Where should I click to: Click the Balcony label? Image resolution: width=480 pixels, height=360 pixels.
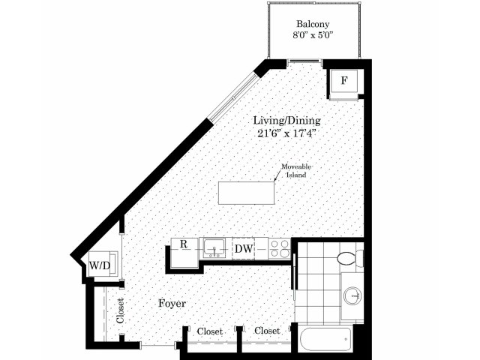[313, 24]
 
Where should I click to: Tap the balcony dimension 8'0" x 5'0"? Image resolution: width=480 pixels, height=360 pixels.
[313, 35]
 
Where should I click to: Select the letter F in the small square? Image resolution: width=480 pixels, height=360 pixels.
[344, 80]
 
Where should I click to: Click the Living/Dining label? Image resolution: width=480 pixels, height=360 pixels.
[286, 121]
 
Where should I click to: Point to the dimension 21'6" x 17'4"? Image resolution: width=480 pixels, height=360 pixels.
[286, 133]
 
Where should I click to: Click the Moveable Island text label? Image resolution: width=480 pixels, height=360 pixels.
[296, 170]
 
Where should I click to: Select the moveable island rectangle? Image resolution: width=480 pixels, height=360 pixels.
[246, 193]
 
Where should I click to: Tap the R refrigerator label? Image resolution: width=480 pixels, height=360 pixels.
[183, 244]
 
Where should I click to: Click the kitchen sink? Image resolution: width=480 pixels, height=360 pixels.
[214, 248]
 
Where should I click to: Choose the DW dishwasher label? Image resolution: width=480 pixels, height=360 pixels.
[244, 248]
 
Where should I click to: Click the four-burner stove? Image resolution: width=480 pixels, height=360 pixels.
[280, 248]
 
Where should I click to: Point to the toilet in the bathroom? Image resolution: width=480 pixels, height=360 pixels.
[350, 257]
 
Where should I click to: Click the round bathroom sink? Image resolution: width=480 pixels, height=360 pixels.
[352, 295]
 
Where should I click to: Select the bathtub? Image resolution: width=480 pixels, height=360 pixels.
[327, 339]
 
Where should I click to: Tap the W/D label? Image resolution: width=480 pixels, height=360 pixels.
[100, 265]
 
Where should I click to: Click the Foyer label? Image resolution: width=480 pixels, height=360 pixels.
[172, 303]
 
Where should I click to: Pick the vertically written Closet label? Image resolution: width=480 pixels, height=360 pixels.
[120, 310]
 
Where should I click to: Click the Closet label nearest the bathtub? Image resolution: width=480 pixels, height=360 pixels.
[267, 331]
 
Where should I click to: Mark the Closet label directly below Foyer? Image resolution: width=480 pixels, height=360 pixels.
[210, 331]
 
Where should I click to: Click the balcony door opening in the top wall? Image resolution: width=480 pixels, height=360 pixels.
[304, 61]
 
